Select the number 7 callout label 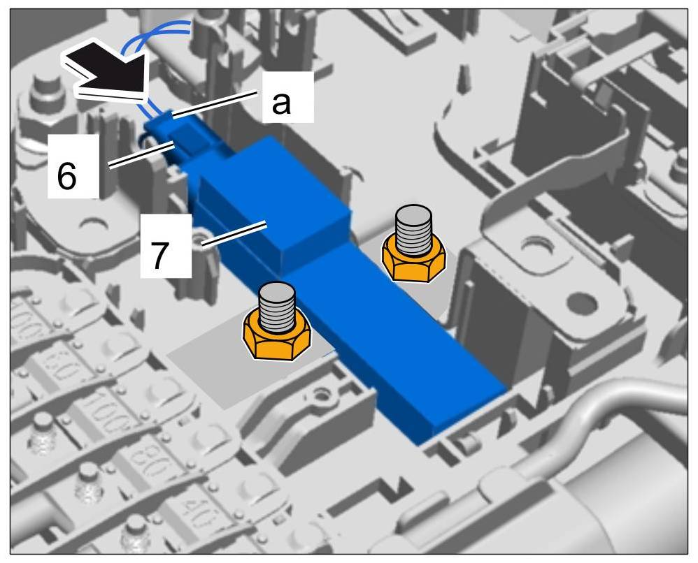point(160,256)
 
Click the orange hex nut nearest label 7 point(278,337)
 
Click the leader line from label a point(217,109)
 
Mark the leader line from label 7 point(231,234)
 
